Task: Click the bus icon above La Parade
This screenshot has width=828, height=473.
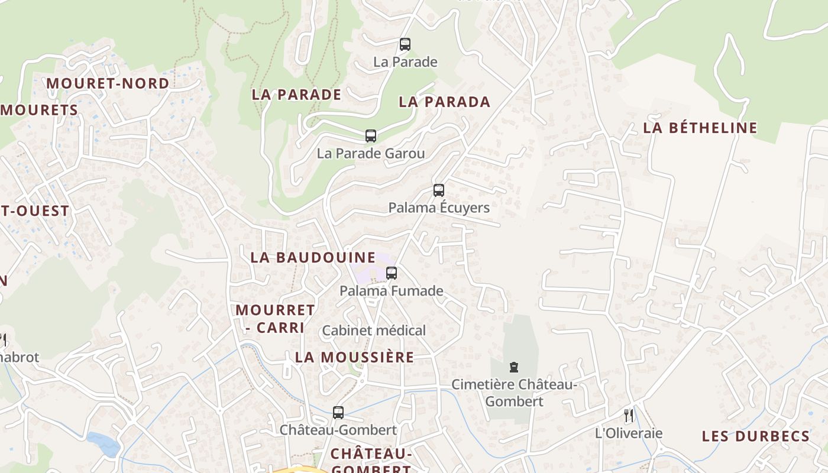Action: coord(405,44)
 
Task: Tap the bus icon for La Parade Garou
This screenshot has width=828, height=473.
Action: coord(371,136)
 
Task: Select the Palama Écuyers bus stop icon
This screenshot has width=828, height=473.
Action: coord(438,190)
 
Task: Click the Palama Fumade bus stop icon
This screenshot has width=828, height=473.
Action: coord(391,273)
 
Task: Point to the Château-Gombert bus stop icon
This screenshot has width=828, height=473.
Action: coord(338,413)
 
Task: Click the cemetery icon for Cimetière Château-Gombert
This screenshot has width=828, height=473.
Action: coord(513,367)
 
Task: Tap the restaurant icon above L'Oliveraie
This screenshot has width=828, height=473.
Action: coord(629,416)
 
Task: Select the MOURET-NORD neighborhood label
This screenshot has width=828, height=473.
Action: coord(108,83)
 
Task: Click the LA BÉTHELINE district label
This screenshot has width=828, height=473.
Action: coord(700,128)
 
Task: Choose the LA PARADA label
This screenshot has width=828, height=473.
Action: coord(445,102)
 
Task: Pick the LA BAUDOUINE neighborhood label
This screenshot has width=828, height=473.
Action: coord(313,257)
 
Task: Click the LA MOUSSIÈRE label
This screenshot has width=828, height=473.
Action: coord(354,357)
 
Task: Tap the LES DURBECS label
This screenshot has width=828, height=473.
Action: coord(755,436)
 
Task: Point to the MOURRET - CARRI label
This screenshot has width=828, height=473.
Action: coord(275,319)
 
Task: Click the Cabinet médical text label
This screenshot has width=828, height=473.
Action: coord(374,331)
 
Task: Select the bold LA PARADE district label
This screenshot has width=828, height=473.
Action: coord(296,95)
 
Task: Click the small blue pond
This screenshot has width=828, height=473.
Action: coord(104,445)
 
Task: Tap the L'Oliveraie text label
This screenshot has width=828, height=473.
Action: coord(629,433)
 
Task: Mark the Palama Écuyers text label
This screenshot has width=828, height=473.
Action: coord(439,208)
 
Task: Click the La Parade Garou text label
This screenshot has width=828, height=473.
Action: coord(371,154)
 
